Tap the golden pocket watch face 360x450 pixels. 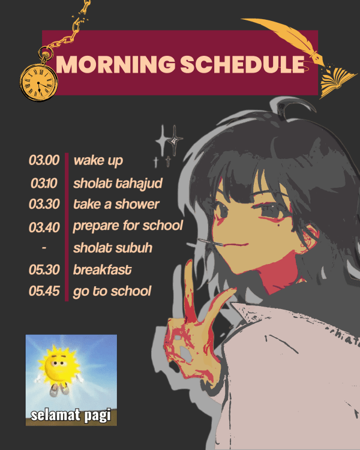[x=39, y=82]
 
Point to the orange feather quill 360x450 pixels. [x=284, y=40]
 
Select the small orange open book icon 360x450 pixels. [x=337, y=82]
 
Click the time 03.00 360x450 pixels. [x=44, y=160]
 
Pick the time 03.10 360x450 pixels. [x=44, y=183]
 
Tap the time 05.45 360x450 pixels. [x=44, y=291]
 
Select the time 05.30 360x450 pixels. [x=44, y=270]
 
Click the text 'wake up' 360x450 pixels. [x=98, y=161]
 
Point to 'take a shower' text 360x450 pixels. [x=116, y=204]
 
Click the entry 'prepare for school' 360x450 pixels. [x=128, y=226]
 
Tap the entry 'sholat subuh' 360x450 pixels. [x=113, y=248]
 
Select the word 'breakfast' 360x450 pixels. [x=102, y=270]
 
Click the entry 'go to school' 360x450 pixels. [x=112, y=292]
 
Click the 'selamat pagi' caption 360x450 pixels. [x=71, y=415]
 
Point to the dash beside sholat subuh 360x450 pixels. [x=44, y=247]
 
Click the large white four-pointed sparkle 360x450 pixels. [x=163, y=140]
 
